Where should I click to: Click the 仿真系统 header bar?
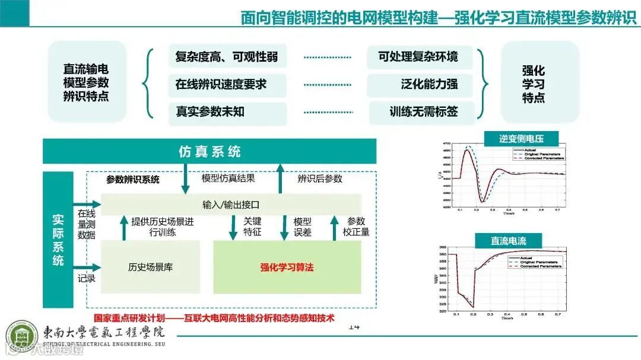tap(210, 151)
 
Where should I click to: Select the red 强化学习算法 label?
tap(287, 267)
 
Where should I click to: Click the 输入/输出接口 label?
tap(231, 205)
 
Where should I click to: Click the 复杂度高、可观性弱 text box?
tap(227, 58)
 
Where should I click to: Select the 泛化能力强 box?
tap(420, 84)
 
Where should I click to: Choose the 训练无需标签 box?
tap(423, 111)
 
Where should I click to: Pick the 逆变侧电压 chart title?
tap(513, 139)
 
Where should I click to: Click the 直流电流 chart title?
tap(508, 241)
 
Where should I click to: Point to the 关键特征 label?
tap(252, 227)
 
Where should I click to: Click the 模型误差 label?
tap(302, 227)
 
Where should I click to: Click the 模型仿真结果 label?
tap(229, 178)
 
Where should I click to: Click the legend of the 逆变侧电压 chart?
tap(537, 155)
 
